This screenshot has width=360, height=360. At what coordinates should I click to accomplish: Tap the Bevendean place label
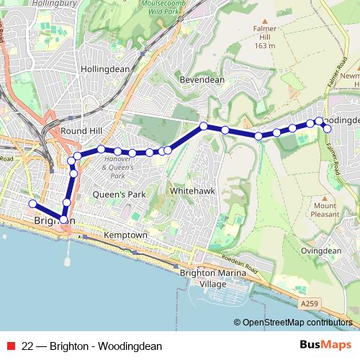(x=202, y=80)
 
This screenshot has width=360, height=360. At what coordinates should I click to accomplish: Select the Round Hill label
(x=81, y=131)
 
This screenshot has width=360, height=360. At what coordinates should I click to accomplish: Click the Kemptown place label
(x=125, y=235)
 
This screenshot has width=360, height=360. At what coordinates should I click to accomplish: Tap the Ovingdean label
(x=320, y=251)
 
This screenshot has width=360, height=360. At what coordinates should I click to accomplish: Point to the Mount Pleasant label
(x=325, y=210)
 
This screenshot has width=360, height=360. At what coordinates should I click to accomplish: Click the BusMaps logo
(x=325, y=345)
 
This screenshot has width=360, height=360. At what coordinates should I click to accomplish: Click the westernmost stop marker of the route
(x=32, y=204)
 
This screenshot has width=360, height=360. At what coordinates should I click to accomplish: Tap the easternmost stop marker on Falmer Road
(x=328, y=128)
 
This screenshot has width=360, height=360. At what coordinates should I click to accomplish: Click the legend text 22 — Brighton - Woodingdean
(x=92, y=346)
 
